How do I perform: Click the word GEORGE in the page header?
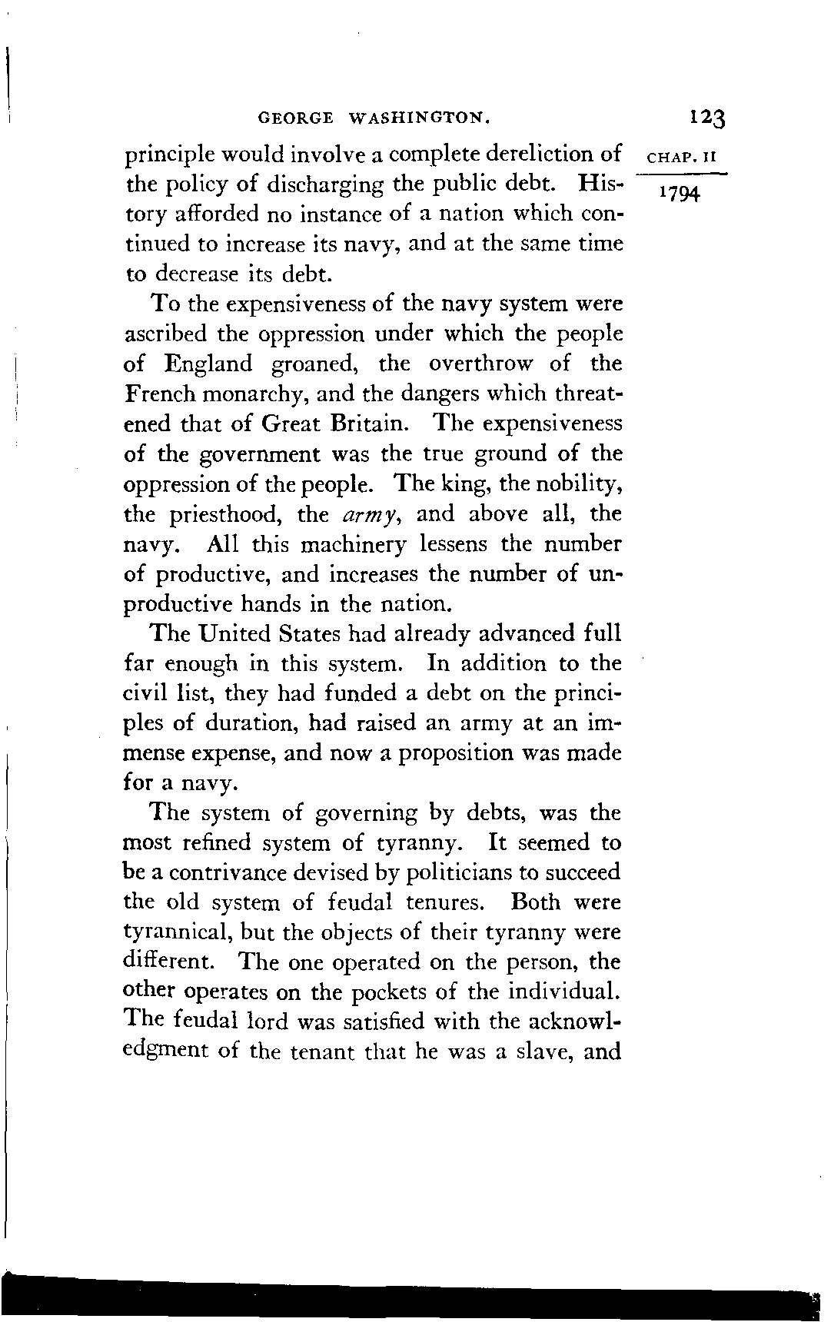tap(297, 118)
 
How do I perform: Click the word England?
tap(209, 364)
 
